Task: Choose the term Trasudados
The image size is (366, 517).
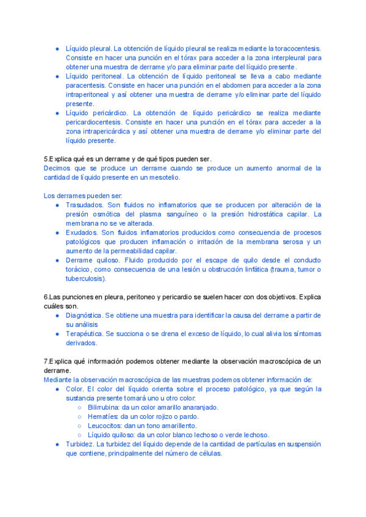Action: click(x=85, y=205)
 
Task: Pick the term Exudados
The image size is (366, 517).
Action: click(x=82, y=232)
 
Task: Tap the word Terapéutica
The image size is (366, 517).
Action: click(x=84, y=333)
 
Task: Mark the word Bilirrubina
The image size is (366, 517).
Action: click(x=104, y=407)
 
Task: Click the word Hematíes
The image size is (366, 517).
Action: click(x=103, y=416)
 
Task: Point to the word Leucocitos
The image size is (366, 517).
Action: click(x=104, y=426)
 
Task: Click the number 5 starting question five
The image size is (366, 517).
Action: click(x=46, y=159)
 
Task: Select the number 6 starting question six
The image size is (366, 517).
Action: click(x=46, y=297)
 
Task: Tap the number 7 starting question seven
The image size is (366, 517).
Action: click(x=46, y=361)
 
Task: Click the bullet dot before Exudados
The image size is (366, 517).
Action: click(x=57, y=233)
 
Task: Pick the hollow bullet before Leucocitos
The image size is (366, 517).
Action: click(x=80, y=426)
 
